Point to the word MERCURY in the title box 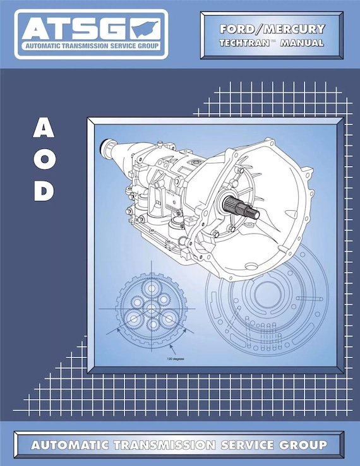pos(296,29)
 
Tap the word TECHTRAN pos(245,43)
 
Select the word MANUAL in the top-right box pos(302,43)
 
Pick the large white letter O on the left pos(43,160)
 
